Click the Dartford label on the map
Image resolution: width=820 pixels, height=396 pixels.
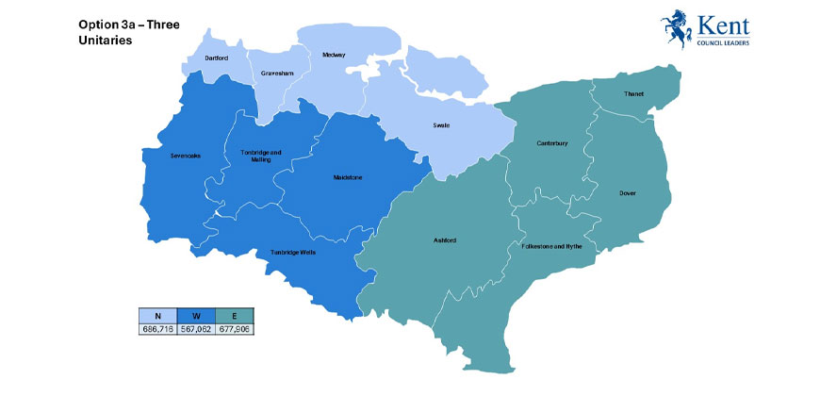tap(218, 58)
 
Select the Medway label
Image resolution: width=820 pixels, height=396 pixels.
tap(333, 55)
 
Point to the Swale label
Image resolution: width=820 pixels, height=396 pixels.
tap(441, 125)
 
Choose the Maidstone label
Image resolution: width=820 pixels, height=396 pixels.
tap(348, 176)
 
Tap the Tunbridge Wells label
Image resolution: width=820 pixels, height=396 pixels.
tap(292, 252)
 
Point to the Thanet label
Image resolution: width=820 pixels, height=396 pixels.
tap(633, 94)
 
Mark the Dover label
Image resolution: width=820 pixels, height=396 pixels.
tap(628, 192)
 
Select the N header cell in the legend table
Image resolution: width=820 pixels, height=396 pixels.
tap(157, 317)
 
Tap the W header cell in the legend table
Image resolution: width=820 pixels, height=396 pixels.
tap(196, 317)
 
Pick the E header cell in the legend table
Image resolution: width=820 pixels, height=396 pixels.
tap(235, 317)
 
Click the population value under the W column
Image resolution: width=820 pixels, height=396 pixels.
tap(196, 329)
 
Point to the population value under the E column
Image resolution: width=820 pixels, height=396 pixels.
tap(235, 329)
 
